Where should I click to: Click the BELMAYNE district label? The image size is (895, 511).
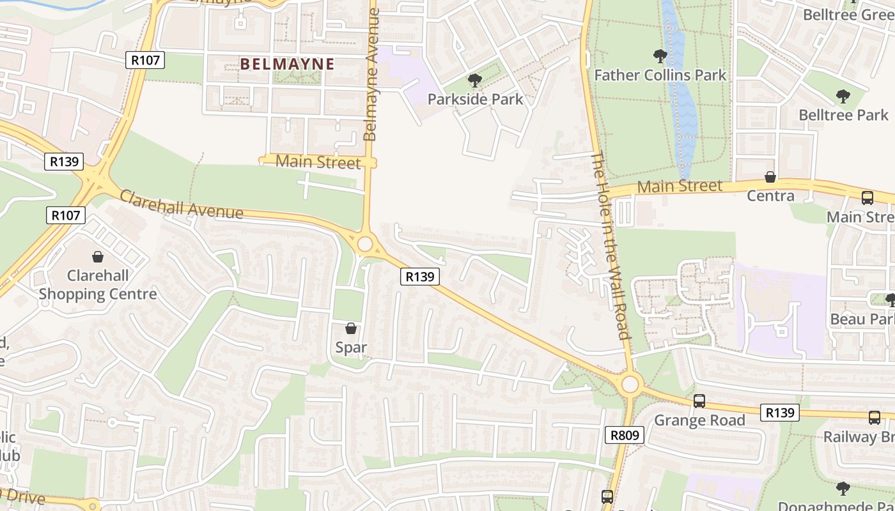tap(287, 64)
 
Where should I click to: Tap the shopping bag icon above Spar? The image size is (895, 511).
tap(351, 328)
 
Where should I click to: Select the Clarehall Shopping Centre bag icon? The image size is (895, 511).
tap(98, 257)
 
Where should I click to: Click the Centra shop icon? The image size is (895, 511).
tap(770, 177)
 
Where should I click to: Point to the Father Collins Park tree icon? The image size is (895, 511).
tap(660, 56)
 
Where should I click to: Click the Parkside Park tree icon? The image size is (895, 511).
tap(474, 80)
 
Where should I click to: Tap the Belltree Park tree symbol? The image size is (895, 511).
tap(843, 96)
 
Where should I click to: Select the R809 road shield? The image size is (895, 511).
tap(624, 435)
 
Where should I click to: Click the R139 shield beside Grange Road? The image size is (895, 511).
tap(780, 413)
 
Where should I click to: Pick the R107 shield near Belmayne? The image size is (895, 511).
tap(145, 60)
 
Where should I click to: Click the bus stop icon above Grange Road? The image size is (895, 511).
tap(699, 401)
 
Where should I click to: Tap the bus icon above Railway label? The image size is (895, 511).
tap(874, 418)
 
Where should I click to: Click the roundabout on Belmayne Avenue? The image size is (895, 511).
tap(365, 244)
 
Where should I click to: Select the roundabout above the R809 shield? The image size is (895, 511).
tap(630, 385)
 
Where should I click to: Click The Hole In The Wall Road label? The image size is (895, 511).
tap(610, 245)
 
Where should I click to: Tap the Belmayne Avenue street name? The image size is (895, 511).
tap(371, 75)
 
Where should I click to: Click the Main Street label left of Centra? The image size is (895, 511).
tap(680, 187)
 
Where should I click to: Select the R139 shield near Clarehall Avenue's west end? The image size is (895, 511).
tap(65, 161)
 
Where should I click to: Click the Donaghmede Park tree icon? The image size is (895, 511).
tap(843, 489)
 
